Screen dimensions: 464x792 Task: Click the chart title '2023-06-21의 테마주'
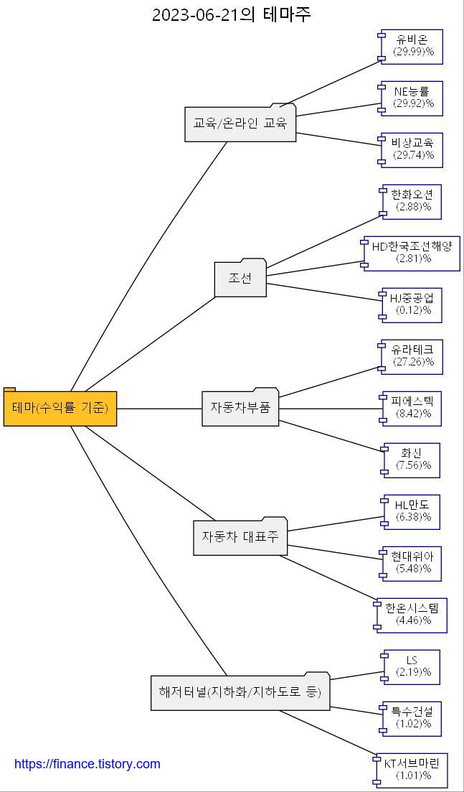coord(232,14)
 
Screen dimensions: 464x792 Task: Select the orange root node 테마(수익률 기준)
coord(60,408)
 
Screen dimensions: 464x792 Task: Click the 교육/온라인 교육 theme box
coord(240,124)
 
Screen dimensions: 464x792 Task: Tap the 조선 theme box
coord(240,279)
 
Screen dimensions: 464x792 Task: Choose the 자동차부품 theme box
coord(240,408)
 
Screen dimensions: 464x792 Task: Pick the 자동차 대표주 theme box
coord(240,537)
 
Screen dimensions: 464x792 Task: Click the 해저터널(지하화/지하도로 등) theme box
coord(240,692)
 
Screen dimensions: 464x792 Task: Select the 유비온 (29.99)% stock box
coord(413,46)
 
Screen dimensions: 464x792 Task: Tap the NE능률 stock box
coord(413,98)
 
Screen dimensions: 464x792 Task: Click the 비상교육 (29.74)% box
coord(413,149)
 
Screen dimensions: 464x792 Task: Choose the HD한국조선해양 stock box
coord(412,253)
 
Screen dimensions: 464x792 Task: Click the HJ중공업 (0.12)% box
coord(413,304)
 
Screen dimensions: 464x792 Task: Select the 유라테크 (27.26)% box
coord(413,356)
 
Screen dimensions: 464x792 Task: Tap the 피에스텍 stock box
coord(413,408)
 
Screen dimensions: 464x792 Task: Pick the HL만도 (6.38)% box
coord(413,511)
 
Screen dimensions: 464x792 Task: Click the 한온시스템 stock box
coord(412,615)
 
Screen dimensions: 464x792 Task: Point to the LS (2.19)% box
coord(412,666)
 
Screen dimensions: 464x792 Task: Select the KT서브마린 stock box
coord(412,770)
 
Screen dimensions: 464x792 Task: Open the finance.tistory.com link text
coord(87,764)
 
